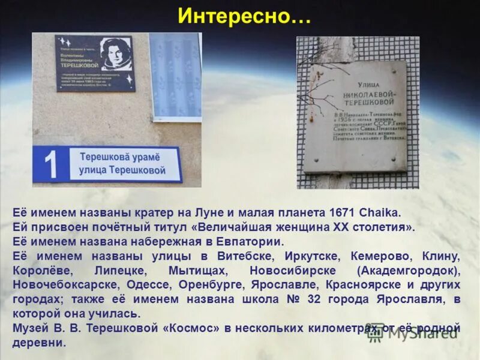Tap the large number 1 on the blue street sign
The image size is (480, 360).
[x=52, y=165]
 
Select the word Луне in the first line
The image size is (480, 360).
[x=209, y=212]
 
